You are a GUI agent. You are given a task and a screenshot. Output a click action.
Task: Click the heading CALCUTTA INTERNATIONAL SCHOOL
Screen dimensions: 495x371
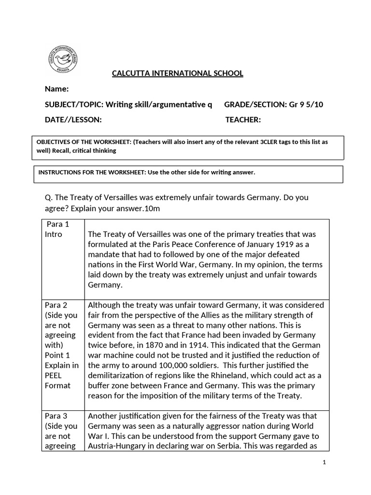click(177, 73)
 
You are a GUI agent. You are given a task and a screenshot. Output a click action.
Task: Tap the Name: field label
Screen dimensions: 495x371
click(57, 89)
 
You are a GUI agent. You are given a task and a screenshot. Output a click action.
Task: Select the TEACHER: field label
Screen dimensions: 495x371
click(243, 120)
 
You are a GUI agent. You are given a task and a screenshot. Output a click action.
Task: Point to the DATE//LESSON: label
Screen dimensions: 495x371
click(73, 120)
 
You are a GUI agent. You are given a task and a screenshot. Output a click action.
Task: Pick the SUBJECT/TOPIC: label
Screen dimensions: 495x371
click(74, 104)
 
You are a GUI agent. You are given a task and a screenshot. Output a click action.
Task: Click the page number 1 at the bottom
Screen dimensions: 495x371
click(325, 462)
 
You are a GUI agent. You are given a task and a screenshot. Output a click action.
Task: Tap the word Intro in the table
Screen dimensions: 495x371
click(53, 234)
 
